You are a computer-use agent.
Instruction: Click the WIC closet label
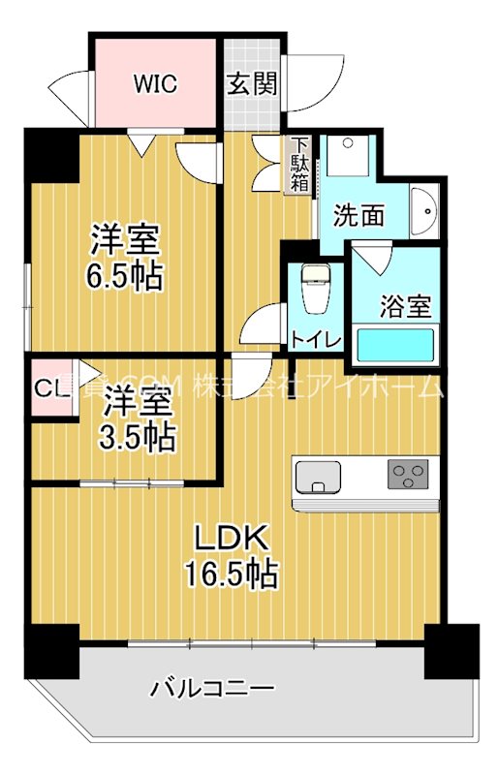[155, 83]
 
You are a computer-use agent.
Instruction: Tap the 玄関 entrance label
[252, 83]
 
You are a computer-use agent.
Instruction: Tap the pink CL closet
[49, 388]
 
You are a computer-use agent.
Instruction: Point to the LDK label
[233, 539]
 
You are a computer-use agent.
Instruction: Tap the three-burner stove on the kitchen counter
[408, 476]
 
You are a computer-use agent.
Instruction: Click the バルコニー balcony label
[212, 690]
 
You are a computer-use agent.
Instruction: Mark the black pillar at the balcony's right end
[452, 652]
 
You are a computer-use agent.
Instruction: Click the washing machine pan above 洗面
[348, 155]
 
